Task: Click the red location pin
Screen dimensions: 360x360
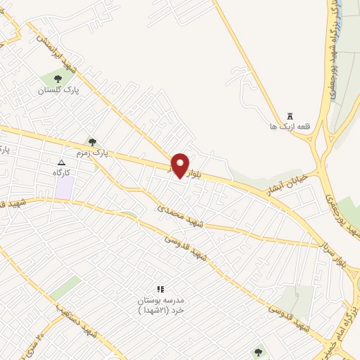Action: click(x=181, y=165)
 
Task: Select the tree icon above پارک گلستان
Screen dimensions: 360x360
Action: click(x=58, y=79)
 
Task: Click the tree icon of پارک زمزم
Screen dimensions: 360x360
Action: click(x=93, y=142)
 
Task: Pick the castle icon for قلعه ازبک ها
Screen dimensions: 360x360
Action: click(x=290, y=116)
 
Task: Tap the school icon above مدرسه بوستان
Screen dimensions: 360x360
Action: click(x=160, y=289)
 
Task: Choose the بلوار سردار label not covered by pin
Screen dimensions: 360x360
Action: click(x=340, y=254)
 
